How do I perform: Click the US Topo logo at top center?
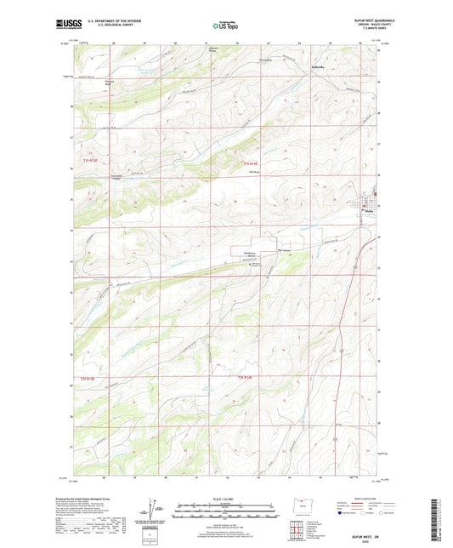tap(225, 26)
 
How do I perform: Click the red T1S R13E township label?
tap(248, 163)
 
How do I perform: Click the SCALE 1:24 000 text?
tap(226, 498)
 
